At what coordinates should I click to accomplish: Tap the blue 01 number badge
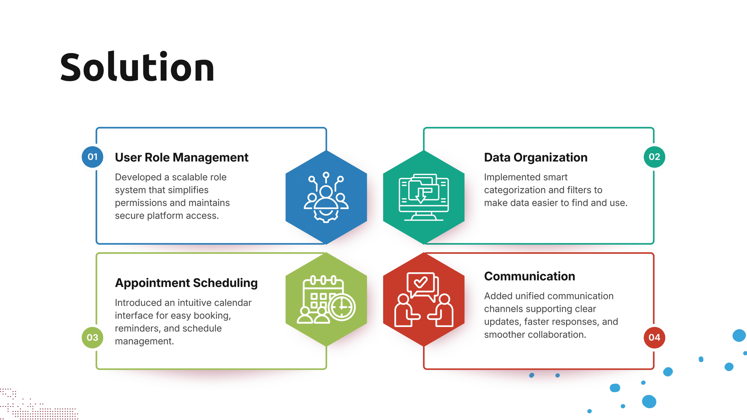point(92,157)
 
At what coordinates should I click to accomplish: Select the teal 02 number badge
point(655,157)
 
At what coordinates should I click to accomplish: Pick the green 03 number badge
point(92,337)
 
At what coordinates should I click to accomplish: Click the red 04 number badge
point(655,337)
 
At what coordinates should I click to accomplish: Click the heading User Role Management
point(181,157)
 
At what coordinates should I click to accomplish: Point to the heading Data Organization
point(536,157)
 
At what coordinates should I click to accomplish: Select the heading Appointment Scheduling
point(186,283)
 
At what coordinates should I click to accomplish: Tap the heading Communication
point(530,276)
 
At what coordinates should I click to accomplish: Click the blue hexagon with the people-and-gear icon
point(326,197)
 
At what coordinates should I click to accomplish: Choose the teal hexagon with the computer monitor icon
point(424,197)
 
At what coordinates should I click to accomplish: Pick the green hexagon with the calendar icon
point(326,300)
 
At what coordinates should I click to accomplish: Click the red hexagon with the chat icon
point(424,300)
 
